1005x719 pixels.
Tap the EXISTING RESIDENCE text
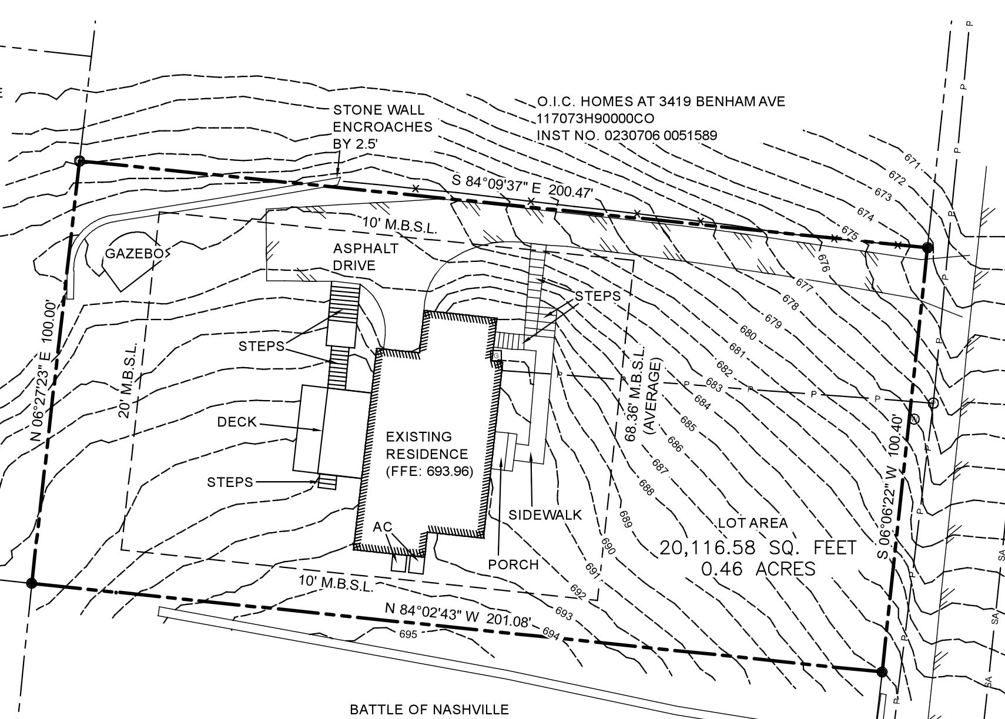tap(427, 453)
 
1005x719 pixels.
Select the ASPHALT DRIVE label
tap(366, 257)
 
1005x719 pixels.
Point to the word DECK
tap(237, 422)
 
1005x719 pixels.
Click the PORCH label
tap(513, 565)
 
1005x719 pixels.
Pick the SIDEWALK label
tap(545, 515)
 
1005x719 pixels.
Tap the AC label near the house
tap(382, 527)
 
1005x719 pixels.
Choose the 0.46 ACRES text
tap(758, 569)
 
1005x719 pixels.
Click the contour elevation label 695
tap(407, 634)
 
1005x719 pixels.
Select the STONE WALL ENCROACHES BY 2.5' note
tap(383, 127)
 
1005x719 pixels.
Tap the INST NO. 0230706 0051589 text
tap(627, 135)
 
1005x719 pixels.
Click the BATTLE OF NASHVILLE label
tap(429, 710)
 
